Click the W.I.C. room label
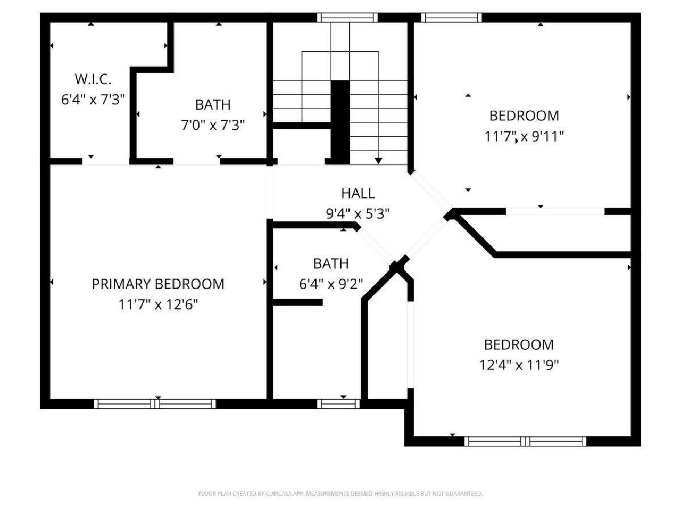coord(93,79)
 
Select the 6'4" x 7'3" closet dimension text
coord(93,100)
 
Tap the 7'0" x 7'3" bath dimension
coord(213,125)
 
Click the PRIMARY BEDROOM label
coord(158,284)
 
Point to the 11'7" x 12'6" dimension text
coord(158,304)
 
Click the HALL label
coord(358,193)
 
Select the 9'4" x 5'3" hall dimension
coord(358,213)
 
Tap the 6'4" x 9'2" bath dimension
coord(331,284)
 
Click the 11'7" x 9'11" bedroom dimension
coord(524,136)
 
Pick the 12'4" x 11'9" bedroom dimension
coord(519,365)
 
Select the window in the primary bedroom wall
coord(155,404)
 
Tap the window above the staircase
coord(347,18)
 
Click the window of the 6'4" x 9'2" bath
coord(339,404)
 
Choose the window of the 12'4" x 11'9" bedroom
coord(525,441)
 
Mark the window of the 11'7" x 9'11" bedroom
coord(452,18)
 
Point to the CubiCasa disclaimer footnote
coord(340,494)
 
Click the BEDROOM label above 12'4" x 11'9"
coord(519,344)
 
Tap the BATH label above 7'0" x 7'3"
coord(213,104)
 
